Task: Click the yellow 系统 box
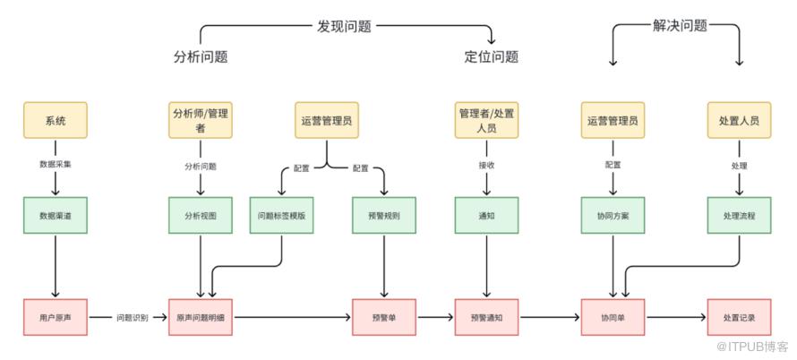tap(56, 121)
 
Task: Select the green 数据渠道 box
tap(56, 216)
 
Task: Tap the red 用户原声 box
tap(56, 318)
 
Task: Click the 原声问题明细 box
tap(200, 318)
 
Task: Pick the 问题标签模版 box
tap(281, 216)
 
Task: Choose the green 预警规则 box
tap(383, 216)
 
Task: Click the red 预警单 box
tap(383, 318)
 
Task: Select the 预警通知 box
tap(487, 318)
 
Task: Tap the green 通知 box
tap(487, 216)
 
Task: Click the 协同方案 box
tap(613, 216)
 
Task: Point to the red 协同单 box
tap(613, 318)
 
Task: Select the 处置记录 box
tap(739, 318)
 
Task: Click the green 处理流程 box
tap(739, 216)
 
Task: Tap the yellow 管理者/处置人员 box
tap(487, 121)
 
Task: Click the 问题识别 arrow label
tap(132, 318)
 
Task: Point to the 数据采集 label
tap(56, 166)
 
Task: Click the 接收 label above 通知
tap(487, 166)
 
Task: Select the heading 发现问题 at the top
tap(344, 27)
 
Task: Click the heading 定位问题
tap(491, 57)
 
